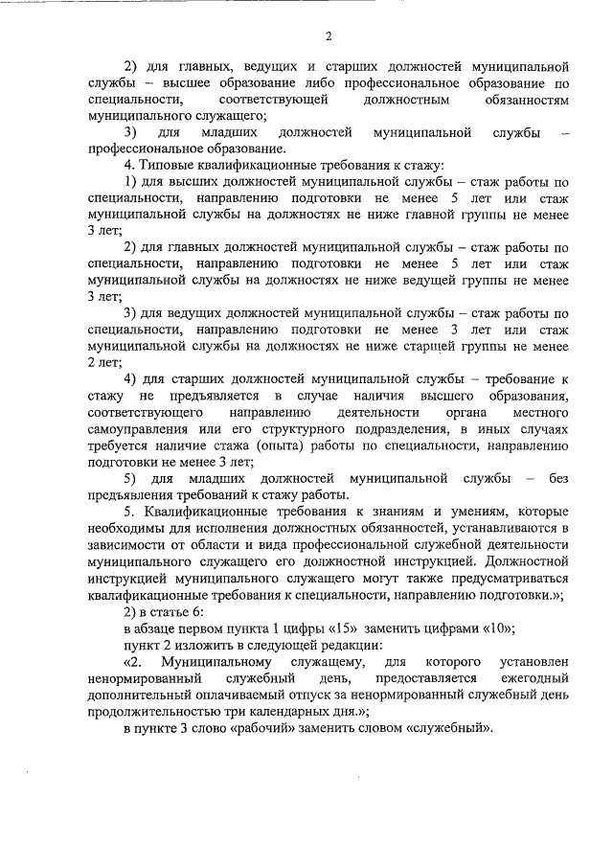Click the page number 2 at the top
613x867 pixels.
[328, 37]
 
